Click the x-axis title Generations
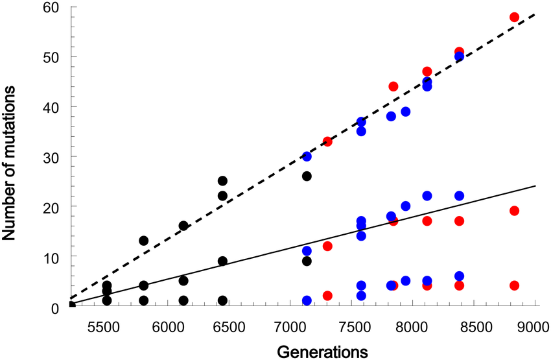[323, 351]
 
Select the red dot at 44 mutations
[393, 86]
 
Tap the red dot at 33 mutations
[327, 141]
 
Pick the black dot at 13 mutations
[144, 241]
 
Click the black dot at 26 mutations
[307, 176]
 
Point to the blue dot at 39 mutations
[406, 112]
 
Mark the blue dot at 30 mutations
[307, 156]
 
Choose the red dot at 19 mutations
[515, 211]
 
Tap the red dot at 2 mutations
[327, 296]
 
